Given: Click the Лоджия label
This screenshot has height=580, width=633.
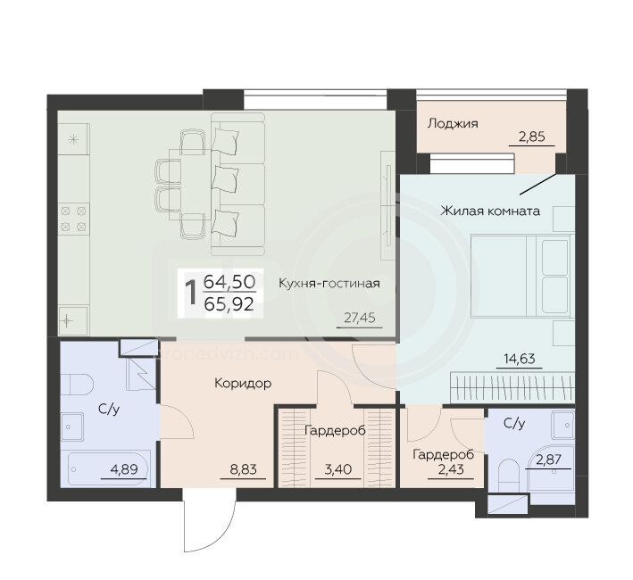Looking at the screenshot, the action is point(453,123).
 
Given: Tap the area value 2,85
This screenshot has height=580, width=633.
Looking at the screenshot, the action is point(532,137).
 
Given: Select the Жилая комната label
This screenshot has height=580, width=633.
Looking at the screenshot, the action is point(490,211).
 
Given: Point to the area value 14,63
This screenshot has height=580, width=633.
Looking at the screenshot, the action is point(519,358).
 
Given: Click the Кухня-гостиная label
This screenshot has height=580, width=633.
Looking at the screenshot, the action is point(329,283).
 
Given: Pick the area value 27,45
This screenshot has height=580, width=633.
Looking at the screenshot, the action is point(359,318).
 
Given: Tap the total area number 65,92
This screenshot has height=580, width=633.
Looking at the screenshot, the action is point(229,303).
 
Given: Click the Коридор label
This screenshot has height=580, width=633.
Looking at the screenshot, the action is point(243,383).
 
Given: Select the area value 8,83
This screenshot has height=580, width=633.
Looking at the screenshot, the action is point(243,469).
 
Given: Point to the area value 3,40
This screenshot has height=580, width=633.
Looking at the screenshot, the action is point(337,469).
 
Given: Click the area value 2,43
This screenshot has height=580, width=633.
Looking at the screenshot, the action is point(451,469).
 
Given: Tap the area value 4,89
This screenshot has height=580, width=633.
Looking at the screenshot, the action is point(124,469).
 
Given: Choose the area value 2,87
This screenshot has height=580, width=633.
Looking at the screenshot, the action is point(548,460).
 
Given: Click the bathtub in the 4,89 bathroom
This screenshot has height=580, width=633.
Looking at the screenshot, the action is point(108,469).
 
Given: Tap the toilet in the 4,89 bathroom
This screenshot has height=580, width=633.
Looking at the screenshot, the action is point(77,385).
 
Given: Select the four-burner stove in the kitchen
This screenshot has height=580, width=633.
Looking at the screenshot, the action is point(73,219).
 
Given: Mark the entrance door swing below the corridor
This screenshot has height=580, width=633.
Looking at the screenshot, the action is point(209,520).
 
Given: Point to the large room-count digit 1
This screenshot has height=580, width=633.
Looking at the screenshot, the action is point(190,294).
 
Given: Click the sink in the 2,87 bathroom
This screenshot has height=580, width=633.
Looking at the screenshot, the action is point(562,425).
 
